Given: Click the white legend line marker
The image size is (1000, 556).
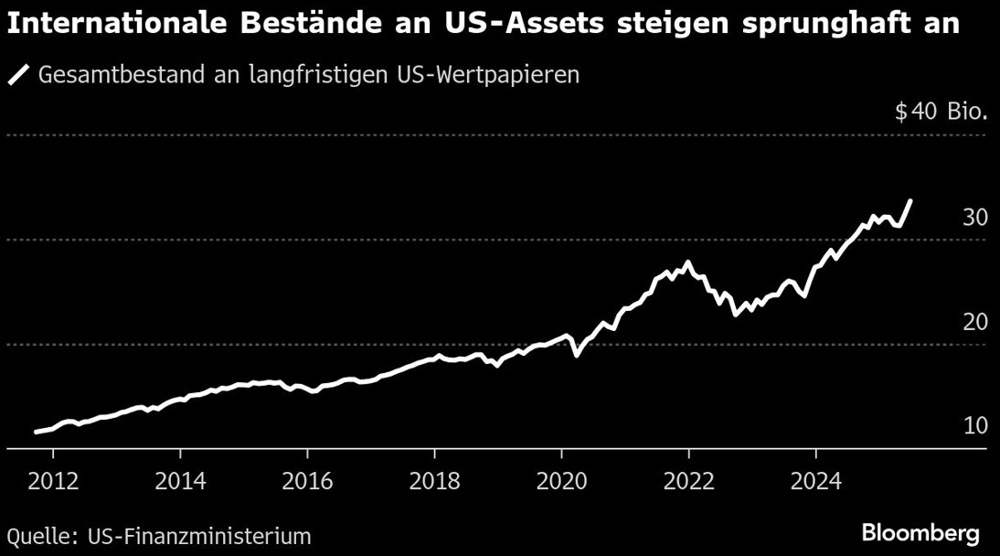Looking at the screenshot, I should (x=19, y=74).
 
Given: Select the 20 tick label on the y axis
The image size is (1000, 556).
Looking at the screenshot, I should (x=974, y=322).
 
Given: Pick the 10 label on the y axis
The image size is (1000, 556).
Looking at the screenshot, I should (x=974, y=426).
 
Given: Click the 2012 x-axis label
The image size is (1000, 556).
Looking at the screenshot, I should (x=54, y=483).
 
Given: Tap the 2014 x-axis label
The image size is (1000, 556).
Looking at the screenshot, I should (x=181, y=483).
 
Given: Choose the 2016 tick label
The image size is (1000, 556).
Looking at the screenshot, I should (x=308, y=483).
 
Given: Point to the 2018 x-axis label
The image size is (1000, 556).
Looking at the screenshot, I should (x=435, y=483).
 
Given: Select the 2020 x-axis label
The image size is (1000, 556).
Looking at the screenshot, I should (x=562, y=483).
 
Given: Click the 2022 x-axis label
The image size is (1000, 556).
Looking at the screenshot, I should (x=689, y=483).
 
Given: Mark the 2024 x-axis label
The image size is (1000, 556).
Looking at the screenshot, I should (x=816, y=483).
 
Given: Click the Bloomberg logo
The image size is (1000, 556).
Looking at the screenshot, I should (x=920, y=533).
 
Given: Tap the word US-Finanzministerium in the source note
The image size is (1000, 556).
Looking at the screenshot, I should (x=199, y=536).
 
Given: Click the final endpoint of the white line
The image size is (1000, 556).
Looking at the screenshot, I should (x=910, y=200).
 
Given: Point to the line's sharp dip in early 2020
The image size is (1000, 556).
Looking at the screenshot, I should (x=576, y=354).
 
